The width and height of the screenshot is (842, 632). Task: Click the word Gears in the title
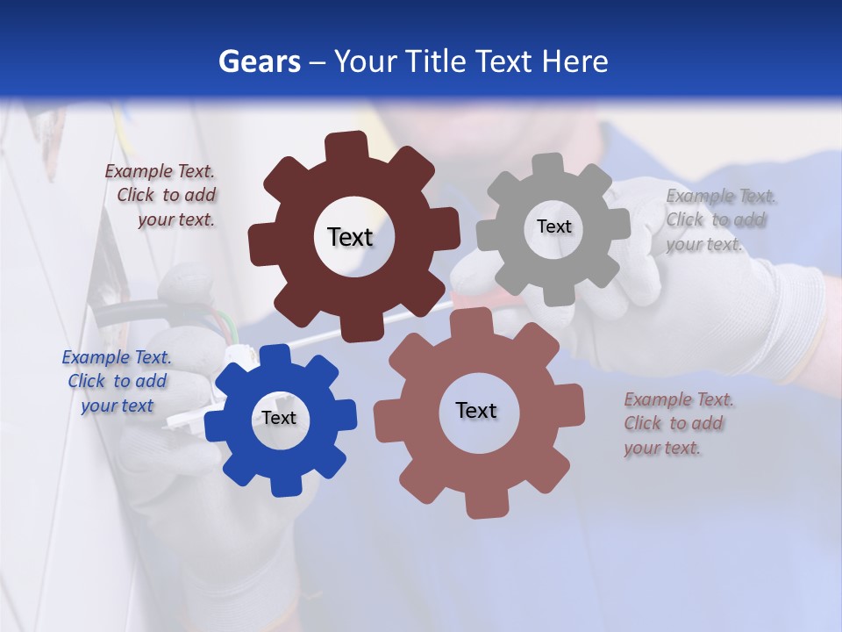pyautogui.click(x=259, y=61)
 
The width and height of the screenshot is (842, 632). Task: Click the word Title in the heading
pyautogui.click(x=435, y=61)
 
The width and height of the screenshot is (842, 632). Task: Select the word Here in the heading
pyautogui.click(x=574, y=61)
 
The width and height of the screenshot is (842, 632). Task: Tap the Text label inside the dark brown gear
pyautogui.click(x=350, y=237)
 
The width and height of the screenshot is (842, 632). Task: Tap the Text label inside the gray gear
pyautogui.click(x=553, y=226)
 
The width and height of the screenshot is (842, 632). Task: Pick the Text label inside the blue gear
pyautogui.click(x=279, y=418)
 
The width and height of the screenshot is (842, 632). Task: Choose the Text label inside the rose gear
pyautogui.click(x=476, y=410)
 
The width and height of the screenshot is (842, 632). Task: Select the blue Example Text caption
pyautogui.click(x=117, y=382)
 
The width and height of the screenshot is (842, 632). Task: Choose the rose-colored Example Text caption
pyautogui.click(x=677, y=424)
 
